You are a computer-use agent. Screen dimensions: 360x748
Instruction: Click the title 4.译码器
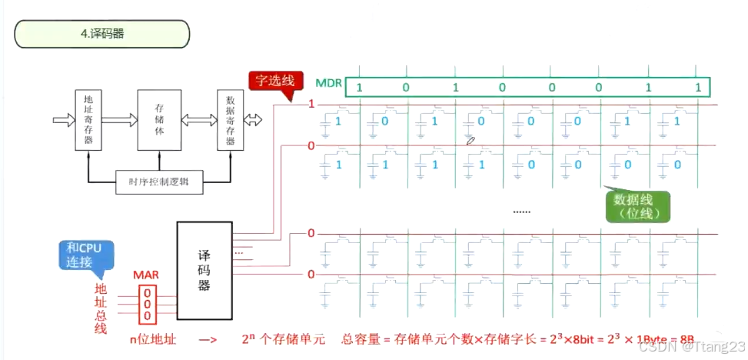pos(101,34)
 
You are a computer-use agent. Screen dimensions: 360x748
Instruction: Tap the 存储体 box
pos(158,119)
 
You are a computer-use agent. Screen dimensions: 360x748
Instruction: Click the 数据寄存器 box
pos(229,119)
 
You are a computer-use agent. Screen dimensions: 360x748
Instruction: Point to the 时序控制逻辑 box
pos(158,182)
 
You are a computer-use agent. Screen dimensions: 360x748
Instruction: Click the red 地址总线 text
pos(101,308)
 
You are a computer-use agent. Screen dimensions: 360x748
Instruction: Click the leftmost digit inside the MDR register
pos(358,87)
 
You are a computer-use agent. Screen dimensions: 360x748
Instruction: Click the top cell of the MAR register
pos(149,293)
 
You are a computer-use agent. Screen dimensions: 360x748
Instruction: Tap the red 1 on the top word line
pos(311,104)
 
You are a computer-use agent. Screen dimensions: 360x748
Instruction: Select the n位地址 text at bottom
pos(154,339)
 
